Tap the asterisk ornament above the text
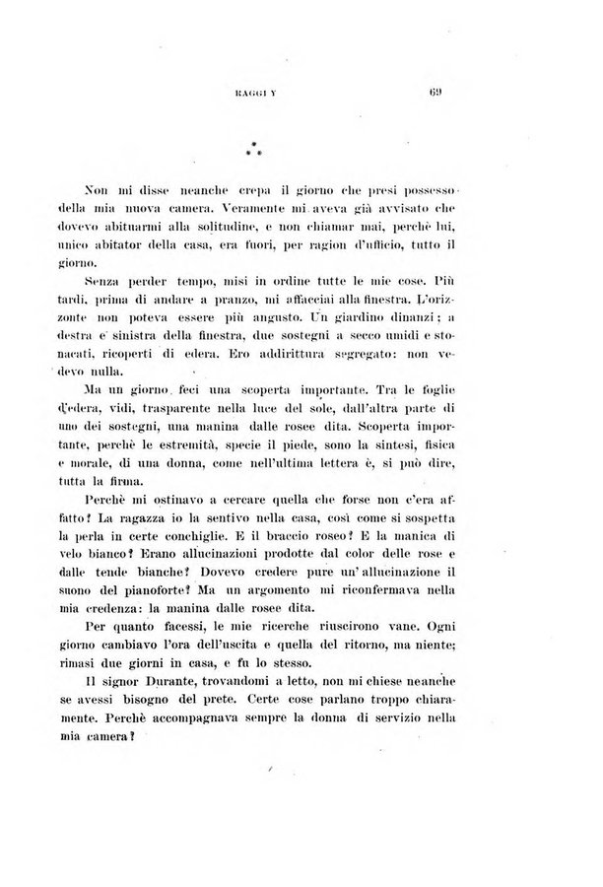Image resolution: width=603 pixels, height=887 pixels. pyautogui.click(x=253, y=151)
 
